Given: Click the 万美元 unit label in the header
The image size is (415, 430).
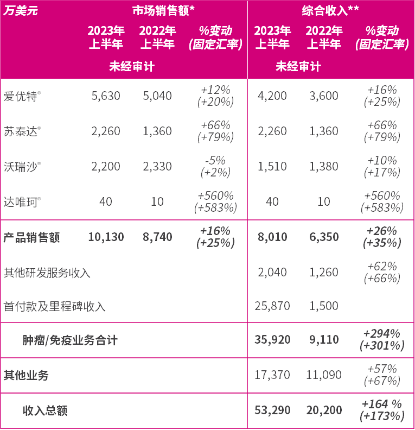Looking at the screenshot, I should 21,10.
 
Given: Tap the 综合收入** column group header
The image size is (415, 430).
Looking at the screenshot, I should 331,10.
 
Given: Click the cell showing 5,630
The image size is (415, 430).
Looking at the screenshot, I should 106,96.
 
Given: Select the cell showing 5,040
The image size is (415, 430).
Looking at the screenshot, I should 157,96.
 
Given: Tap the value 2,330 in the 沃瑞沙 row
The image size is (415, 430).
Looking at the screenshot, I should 157,167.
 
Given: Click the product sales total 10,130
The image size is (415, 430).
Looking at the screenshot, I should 106,237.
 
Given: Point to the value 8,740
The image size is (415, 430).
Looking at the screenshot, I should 157,237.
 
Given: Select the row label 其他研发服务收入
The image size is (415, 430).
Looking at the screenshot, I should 47,273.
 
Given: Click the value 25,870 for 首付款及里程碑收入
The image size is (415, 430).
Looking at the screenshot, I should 272,306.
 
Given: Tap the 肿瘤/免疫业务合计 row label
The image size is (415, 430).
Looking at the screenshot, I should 70,340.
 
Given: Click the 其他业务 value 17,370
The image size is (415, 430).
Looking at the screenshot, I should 272,375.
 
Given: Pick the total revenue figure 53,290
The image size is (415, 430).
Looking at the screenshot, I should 272,410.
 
